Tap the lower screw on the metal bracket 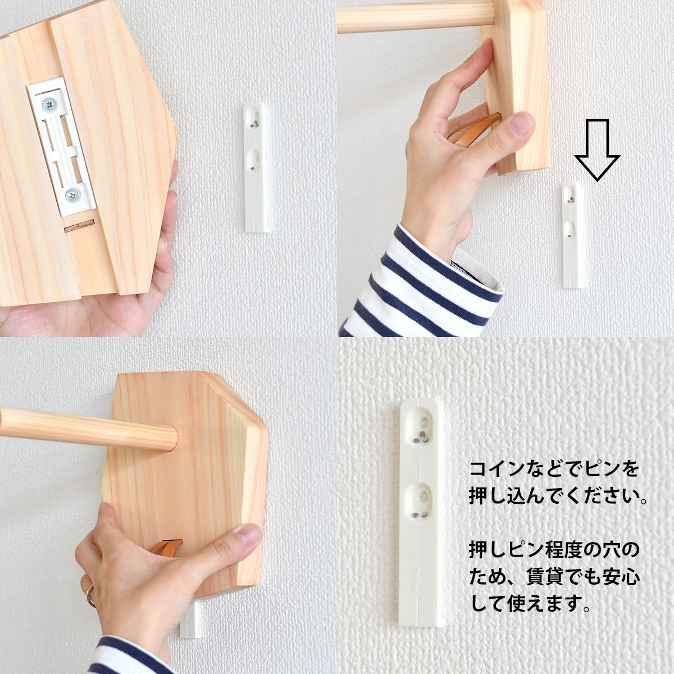(72, 195)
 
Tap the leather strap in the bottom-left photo (167, 547)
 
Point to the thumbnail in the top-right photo (522, 125)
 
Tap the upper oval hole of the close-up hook (422, 423)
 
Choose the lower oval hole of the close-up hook (421, 497)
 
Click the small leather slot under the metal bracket (79, 227)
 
